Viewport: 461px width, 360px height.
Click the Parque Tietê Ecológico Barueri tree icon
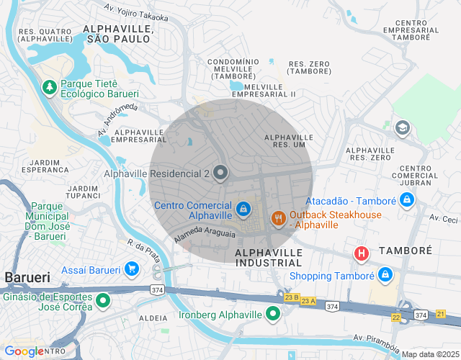point(50,87)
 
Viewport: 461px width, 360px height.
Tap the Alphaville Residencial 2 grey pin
point(220,174)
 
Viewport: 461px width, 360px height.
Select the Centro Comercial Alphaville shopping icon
point(244,209)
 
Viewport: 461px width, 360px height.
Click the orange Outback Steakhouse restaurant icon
point(278,217)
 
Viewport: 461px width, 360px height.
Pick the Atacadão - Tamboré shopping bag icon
point(407,199)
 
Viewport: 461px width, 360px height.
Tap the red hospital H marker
point(362,253)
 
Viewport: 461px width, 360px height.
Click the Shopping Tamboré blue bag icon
point(385,275)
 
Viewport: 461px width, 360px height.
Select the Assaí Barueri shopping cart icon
point(131,270)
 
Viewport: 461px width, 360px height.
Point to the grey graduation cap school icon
point(403,128)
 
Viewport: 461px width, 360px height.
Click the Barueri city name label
point(27,277)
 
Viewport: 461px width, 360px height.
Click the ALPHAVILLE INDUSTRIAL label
point(268,258)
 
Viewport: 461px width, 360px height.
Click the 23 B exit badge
point(291,297)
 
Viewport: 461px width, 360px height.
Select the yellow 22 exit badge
point(396,317)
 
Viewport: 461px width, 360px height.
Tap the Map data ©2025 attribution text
point(429,354)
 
